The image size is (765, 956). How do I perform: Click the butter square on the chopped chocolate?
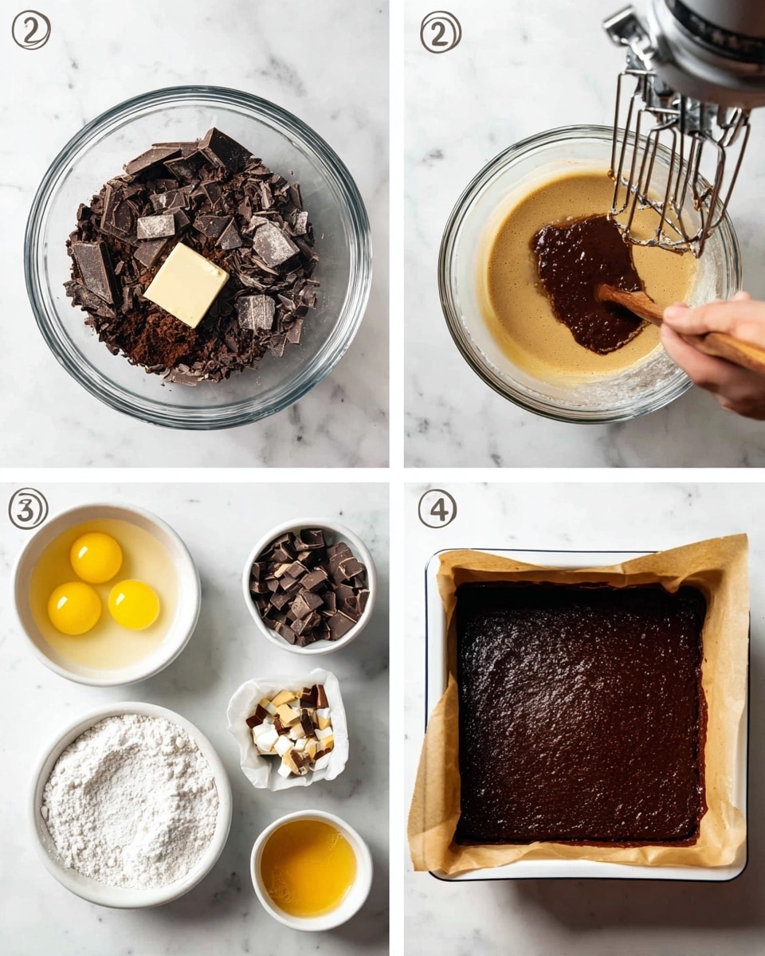click(x=186, y=284)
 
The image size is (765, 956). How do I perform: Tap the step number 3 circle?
click(x=28, y=508)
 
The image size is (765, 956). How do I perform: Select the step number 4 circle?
click(x=437, y=508)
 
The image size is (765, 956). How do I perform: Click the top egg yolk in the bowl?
click(x=96, y=557)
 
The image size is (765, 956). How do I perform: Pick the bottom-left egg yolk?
click(x=74, y=608)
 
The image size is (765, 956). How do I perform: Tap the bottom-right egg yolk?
click(x=134, y=604)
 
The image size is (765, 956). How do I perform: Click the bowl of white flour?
click(x=130, y=805)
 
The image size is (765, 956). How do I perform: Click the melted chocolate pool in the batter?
click(x=586, y=279)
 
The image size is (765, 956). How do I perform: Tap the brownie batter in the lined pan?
click(x=580, y=713)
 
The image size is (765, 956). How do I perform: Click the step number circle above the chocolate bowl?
click(x=30, y=30)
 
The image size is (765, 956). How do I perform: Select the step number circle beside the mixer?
click(x=440, y=32)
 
